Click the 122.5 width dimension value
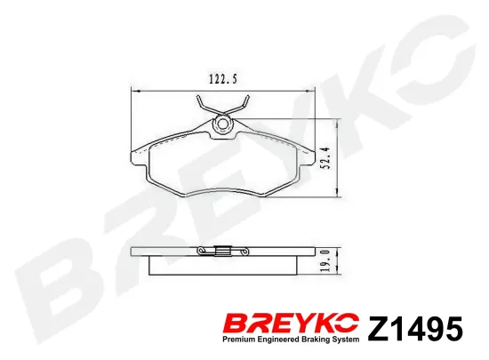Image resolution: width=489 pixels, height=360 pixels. pos(223,79)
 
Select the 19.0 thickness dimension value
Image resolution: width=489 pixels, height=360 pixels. pos(325,260)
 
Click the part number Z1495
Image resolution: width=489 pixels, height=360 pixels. pos(415,329)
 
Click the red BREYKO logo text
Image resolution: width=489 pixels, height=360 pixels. pos(290,324)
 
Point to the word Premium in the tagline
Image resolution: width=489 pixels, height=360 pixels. pos(236,340)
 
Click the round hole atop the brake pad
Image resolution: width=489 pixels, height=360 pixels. pos(222,124)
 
